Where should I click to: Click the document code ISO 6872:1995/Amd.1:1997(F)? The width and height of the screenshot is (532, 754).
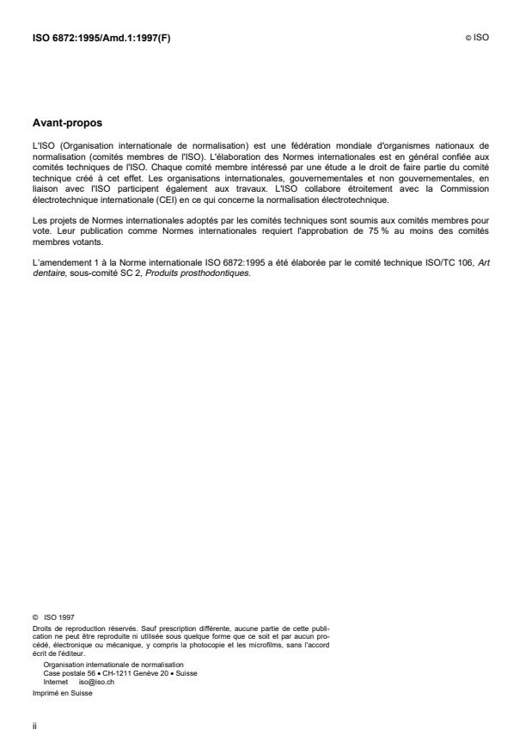coord(101,38)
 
